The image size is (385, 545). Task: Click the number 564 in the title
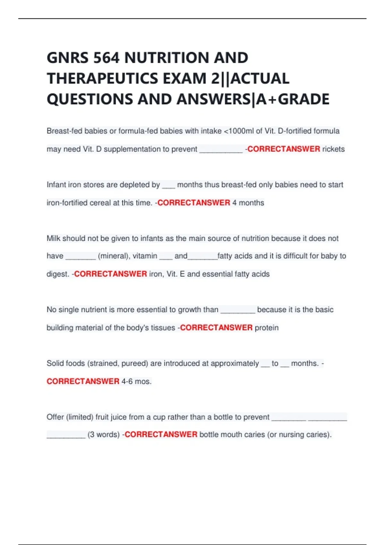[x=106, y=58]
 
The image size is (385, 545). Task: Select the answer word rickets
[x=333, y=149]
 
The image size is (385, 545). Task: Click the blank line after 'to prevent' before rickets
[x=221, y=150]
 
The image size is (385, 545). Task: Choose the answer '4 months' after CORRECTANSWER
[x=248, y=203]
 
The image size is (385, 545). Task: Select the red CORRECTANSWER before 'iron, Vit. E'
[x=110, y=274]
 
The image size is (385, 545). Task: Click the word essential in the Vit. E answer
[x=217, y=274]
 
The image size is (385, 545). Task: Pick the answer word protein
[x=267, y=328]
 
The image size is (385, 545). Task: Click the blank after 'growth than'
[x=238, y=310]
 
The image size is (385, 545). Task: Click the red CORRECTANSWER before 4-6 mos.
[x=83, y=382]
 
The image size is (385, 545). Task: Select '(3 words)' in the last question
[x=104, y=435]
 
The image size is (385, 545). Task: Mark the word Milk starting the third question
[x=53, y=239]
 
